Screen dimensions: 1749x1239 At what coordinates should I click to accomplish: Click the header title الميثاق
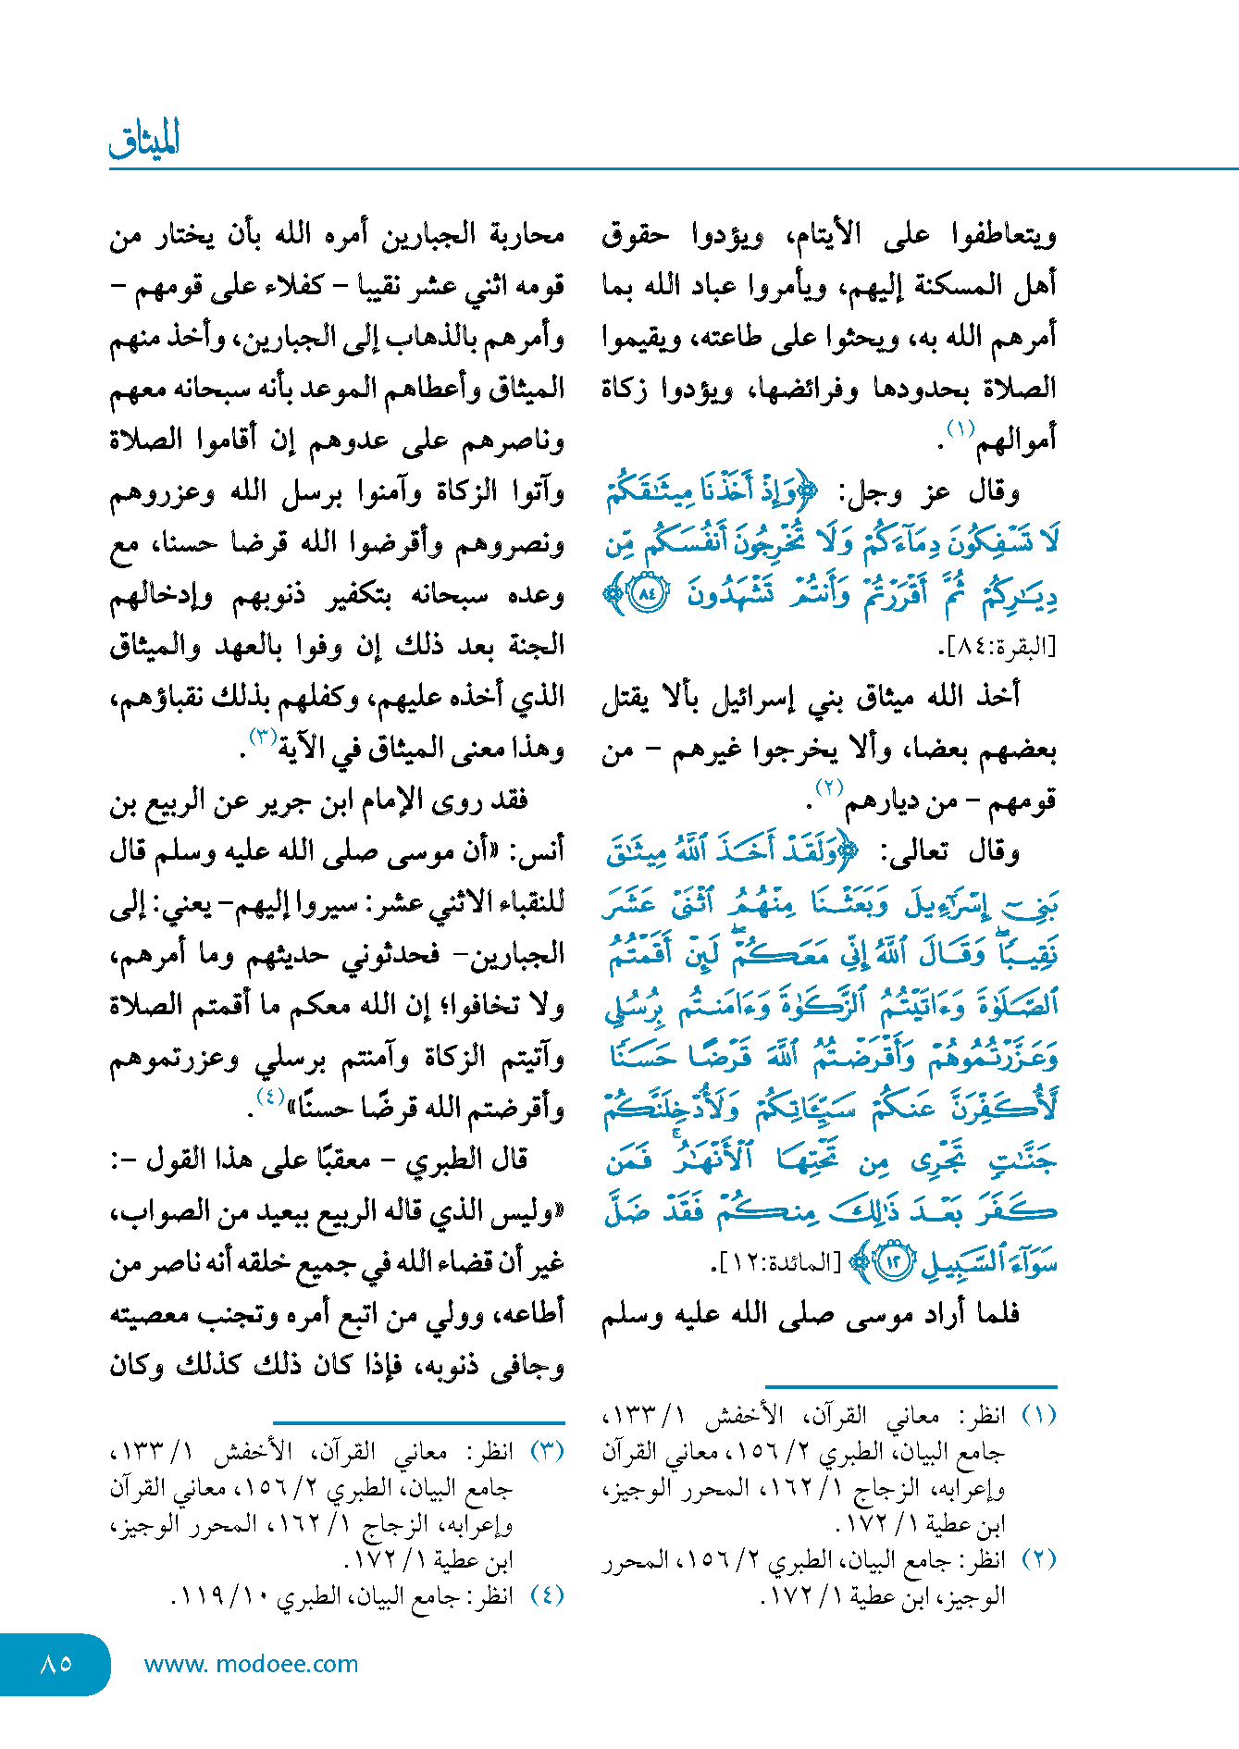pyautogui.click(x=144, y=140)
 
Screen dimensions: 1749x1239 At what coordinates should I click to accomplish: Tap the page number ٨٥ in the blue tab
pyautogui.click(x=56, y=1663)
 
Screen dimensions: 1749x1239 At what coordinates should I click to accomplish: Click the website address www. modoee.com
pyautogui.click(x=251, y=1664)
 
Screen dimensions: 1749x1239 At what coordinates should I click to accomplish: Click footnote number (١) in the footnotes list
pyautogui.click(x=1038, y=1416)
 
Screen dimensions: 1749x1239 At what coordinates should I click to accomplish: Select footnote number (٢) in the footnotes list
pyautogui.click(x=1038, y=1559)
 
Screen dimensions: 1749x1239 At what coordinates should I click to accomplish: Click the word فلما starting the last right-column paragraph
pyautogui.click(x=991, y=1315)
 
